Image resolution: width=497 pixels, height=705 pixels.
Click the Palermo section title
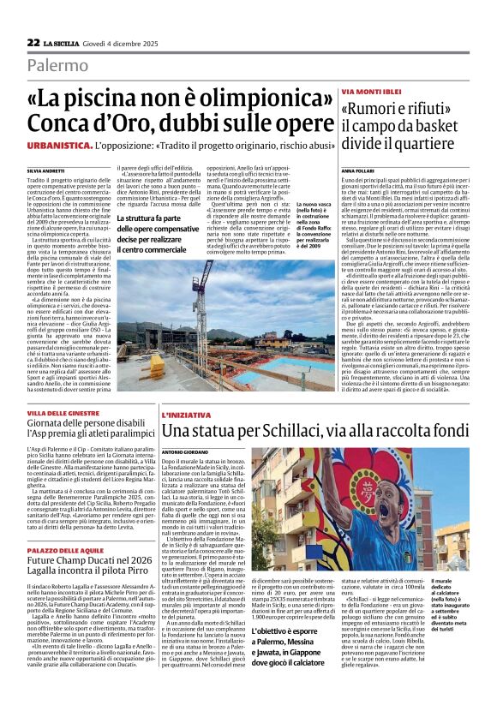pos(57,66)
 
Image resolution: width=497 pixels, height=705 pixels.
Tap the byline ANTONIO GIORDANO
pos(184,451)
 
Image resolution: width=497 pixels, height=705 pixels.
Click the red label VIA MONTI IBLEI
pos(369,91)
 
